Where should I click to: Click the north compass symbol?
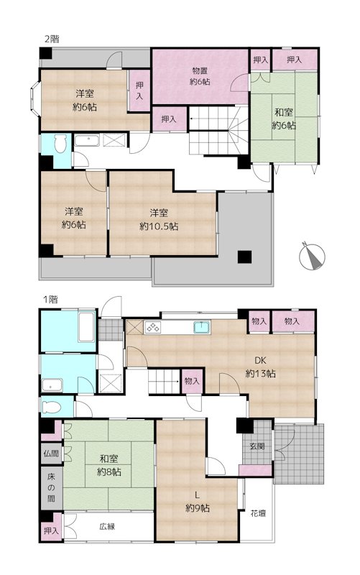pyautogui.click(x=312, y=257)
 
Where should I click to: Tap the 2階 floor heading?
pyautogui.click(x=52, y=39)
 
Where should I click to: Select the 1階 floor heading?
pyautogui.click(x=50, y=299)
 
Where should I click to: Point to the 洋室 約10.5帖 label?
pyautogui.click(x=159, y=219)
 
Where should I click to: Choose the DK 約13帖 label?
pyautogui.click(x=260, y=367)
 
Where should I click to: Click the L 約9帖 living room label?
pyautogui.click(x=198, y=502)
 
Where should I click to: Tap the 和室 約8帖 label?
pyautogui.click(x=109, y=465)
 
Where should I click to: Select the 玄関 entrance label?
pyautogui.click(x=257, y=446)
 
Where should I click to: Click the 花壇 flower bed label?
pyautogui.click(x=258, y=513)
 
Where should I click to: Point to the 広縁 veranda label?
pyautogui.click(x=107, y=527)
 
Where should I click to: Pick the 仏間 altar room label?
pyautogui.click(x=51, y=453)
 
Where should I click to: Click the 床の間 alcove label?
pyautogui.click(x=51, y=487)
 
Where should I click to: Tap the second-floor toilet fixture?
pyautogui.click(x=60, y=144)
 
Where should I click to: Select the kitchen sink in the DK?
pyautogui.click(x=202, y=327)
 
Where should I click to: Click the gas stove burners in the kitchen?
pyautogui.click(x=153, y=327)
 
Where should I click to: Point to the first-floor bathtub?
pyautogui.click(x=86, y=327)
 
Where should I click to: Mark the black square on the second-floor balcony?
pyautogui.click(x=244, y=257)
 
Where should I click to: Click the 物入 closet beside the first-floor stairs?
pyautogui.click(x=192, y=381)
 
